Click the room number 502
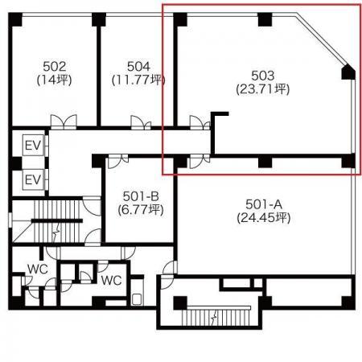(x=55, y=67)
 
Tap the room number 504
(x=138, y=67)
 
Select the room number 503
(x=263, y=76)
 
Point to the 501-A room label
(x=264, y=204)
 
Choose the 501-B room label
(x=141, y=196)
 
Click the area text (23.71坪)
(x=263, y=89)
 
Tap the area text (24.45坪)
(x=264, y=218)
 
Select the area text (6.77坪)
(x=141, y=209)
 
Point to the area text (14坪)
(x=55, y=80)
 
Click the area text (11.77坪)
(x=138, y=80)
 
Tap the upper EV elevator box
(x=33, y=145)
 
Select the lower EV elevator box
(x=33, y=179)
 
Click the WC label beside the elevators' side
(x=38, y=269)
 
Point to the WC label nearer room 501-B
(x=112, y=281)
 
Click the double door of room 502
(x=64, y=121)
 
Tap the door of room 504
(x=141, y=122)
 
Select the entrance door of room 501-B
(x=118, y=161)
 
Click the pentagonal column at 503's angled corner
(x=348, y=72)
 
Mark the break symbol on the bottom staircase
(x=214, y=318)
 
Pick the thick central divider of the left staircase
(x=57, y=220)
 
